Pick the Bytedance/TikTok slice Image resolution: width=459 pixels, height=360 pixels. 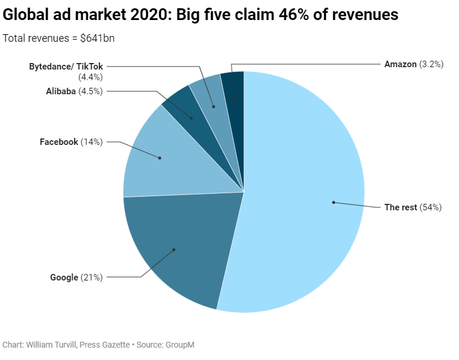[x=213, y=104]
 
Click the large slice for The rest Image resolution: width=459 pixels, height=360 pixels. [x=306, y=194]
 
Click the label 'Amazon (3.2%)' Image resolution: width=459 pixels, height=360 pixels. [x=413, y=64]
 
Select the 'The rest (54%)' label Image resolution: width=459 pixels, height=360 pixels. [x=412, y=207]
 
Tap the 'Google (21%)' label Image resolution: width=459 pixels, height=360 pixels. [x=76, y=277]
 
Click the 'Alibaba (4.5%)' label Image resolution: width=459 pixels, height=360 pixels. [x=74, y=91]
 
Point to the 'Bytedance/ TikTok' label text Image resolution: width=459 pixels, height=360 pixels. [x=66, y=67]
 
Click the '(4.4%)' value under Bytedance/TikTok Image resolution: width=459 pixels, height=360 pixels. [x=90, y=77]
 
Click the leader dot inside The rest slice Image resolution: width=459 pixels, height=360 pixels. [x=333, y=202]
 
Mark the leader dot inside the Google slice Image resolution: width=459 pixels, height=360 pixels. [x=174, y=250]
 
